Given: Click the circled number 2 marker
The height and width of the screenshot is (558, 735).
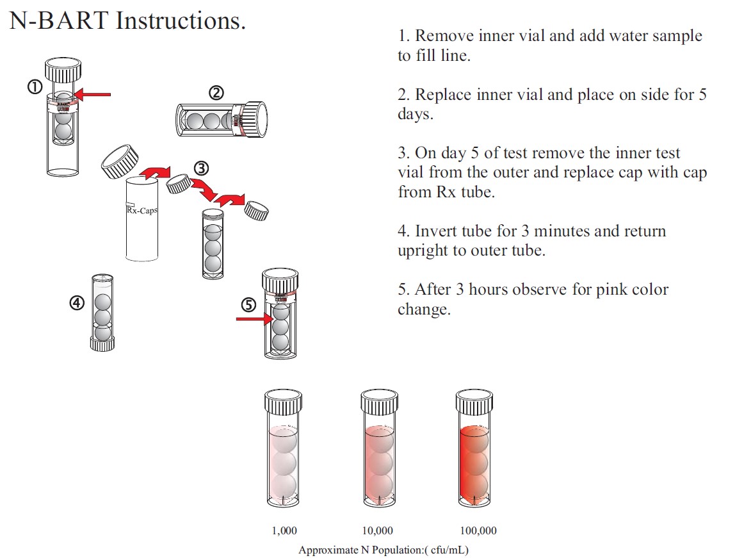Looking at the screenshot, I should (216, 93).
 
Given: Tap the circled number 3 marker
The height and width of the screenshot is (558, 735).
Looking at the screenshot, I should (201, 168).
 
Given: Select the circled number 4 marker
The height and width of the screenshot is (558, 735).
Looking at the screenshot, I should (77, 304).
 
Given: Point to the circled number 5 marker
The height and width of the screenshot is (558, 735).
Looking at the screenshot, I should (248, 304).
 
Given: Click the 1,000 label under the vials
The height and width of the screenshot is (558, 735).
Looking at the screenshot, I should (284, 531).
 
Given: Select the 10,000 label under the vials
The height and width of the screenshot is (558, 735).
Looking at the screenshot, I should (378, 531).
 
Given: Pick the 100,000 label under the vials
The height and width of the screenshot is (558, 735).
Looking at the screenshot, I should (478, 531).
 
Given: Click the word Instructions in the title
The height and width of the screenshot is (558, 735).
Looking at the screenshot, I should (181, 21).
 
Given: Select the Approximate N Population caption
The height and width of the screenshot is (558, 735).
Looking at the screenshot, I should (388, 550).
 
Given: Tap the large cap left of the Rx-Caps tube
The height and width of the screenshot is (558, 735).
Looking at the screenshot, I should (120, 162).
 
